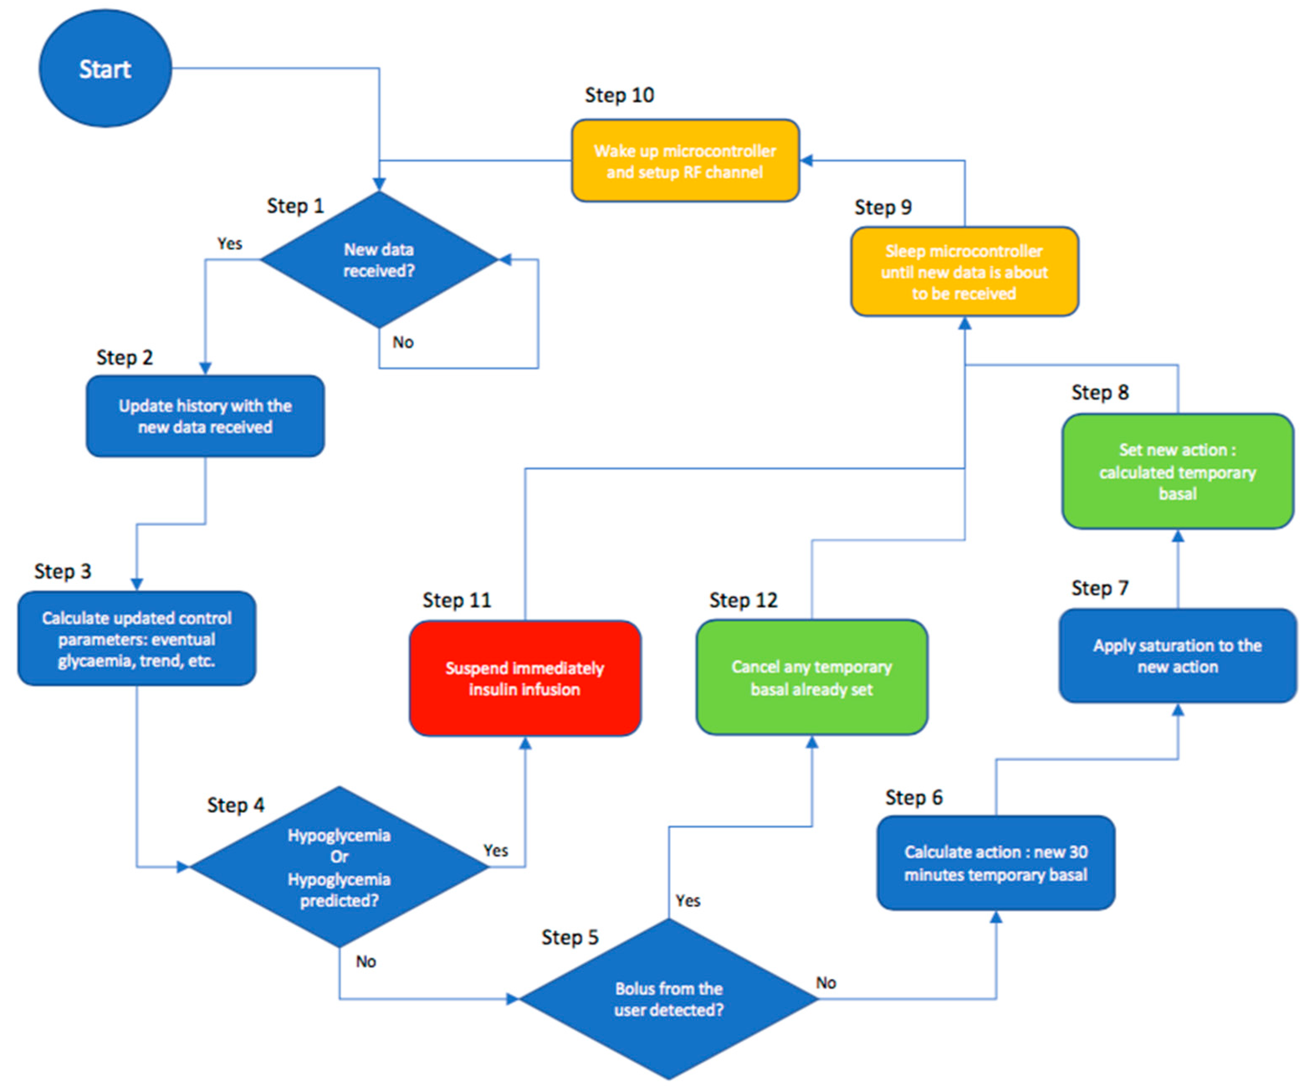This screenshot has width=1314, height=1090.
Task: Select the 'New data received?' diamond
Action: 378,260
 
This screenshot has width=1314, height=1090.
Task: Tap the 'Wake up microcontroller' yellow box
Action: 685,161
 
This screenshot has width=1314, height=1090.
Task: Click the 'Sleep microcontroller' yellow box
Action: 964,271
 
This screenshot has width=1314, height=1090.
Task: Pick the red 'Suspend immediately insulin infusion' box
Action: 525,678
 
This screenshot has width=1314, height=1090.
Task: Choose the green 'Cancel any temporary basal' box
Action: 812,678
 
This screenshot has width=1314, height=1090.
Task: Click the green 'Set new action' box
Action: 1178,471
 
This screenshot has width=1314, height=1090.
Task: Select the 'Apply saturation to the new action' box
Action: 1178,656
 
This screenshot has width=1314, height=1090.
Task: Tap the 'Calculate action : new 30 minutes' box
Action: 995,863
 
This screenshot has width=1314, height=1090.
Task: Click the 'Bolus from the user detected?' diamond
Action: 668,999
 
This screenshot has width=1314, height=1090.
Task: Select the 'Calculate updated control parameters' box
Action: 136,639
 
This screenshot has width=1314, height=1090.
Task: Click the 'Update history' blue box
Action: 205,416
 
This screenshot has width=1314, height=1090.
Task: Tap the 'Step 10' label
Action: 619,95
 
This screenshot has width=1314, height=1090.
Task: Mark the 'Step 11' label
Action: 457,600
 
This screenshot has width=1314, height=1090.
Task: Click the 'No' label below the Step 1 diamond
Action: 403,342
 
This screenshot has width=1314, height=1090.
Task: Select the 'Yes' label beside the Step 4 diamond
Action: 496,850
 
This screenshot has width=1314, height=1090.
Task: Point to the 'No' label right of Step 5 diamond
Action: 826,983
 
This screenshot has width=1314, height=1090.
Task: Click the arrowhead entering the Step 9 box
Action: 965,323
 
